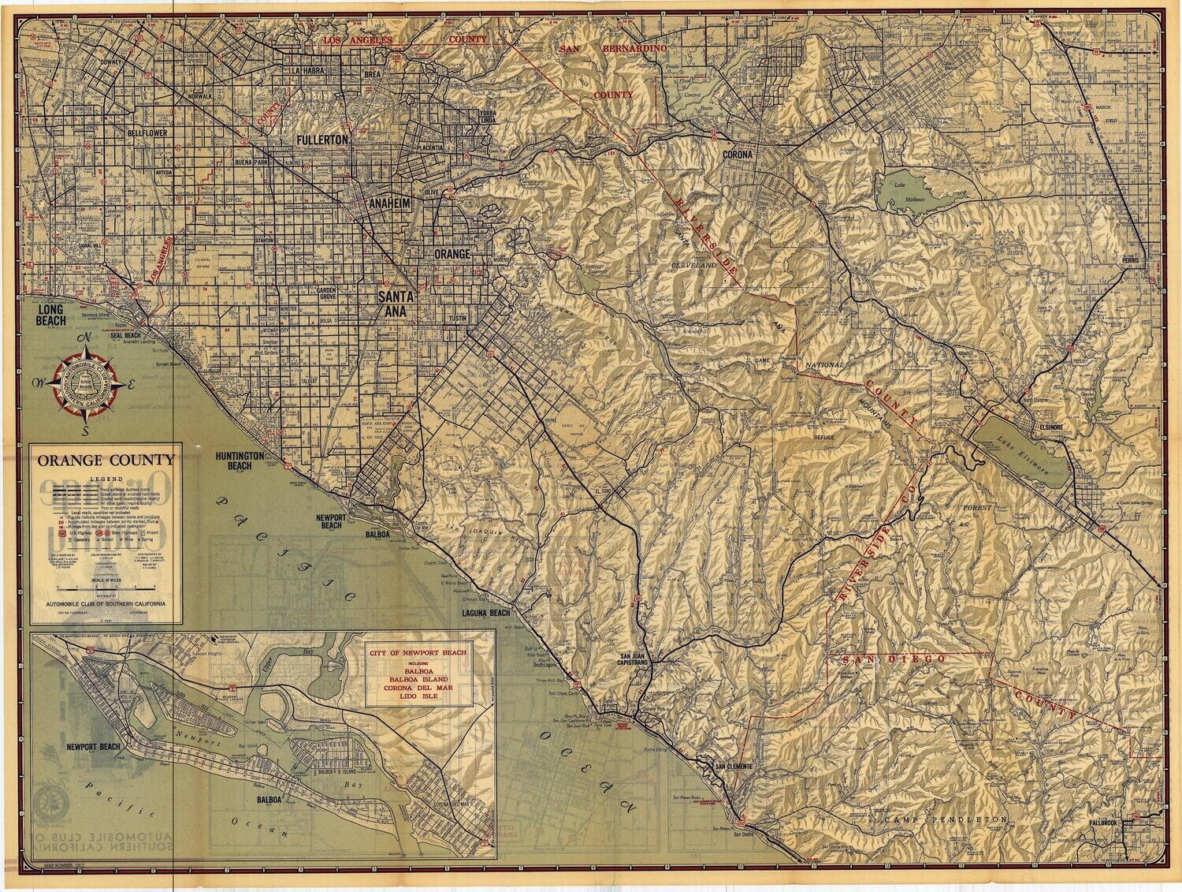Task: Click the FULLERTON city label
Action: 322,140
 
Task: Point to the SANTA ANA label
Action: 397,304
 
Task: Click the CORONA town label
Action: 738,155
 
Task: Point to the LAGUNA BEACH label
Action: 487,613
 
